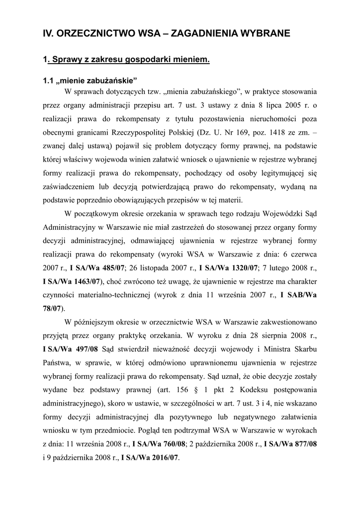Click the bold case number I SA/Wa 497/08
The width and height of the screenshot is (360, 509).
71,346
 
